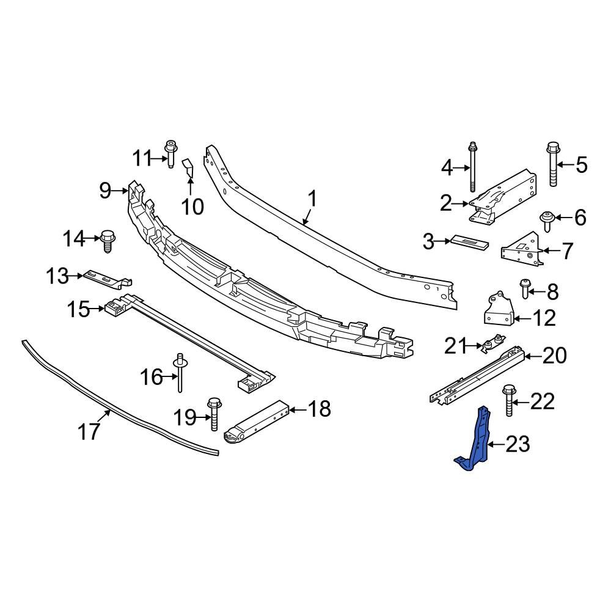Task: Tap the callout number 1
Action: (x=312, y=200)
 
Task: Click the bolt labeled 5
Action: (x=553, y=163)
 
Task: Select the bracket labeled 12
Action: (x=497, y=310)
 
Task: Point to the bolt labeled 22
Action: (x=508, y=400)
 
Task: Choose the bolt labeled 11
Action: (x=170, y=153)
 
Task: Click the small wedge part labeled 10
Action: (x=188, y=166)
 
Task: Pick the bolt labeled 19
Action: (x=213, y=414)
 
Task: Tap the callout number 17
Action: (x=89, y=432)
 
